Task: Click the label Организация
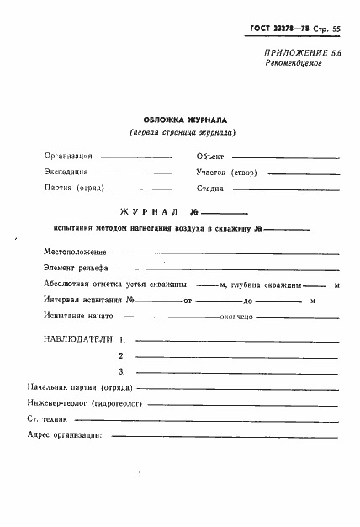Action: pyautogui.click(x=69, y=157)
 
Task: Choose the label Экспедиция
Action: pyautogui.click(x=66, y=172)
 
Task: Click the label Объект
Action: pyautogui.click(x=209, y=157)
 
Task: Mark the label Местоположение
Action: pyautogui.click(x=74, y=252)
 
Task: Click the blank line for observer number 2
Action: pyautogui.click(x=236, y=357)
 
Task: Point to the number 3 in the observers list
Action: pyautogui.click(x=122, y=371)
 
